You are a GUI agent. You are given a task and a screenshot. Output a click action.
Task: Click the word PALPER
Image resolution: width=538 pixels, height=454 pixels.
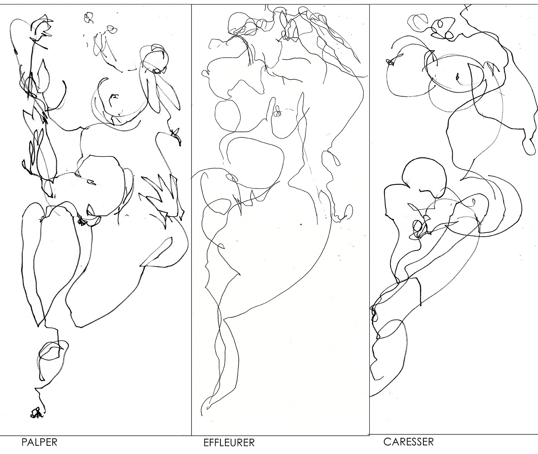click(x=39, y=442)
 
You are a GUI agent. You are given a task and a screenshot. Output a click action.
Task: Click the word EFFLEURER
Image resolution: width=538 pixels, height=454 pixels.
click(x=229, y=443)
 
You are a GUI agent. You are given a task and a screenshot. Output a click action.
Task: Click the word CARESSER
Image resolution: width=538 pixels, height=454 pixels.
click(x=409, y=442)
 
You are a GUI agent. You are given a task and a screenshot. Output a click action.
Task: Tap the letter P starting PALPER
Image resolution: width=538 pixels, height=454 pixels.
click(x=24, y=442)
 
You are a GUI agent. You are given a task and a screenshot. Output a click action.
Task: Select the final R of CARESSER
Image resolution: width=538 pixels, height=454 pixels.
click(x=431, y=442)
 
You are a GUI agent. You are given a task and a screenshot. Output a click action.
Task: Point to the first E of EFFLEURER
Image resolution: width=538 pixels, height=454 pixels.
click(x=206, y=443)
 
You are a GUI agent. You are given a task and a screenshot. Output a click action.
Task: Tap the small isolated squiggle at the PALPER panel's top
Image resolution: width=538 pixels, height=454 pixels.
click(x=89, y=18)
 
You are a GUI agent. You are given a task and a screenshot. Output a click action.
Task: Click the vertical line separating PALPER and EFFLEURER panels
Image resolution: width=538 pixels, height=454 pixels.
click(x=192, y=219)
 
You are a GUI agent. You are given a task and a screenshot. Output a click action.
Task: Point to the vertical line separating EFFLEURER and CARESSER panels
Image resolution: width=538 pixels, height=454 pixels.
click(x=370, y=219)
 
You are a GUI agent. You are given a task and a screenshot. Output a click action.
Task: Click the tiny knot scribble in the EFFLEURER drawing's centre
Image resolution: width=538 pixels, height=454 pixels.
click(x=278, y=112)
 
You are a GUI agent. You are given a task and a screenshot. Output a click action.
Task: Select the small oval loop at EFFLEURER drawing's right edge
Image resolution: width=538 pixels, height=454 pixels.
click(x=349, y=211)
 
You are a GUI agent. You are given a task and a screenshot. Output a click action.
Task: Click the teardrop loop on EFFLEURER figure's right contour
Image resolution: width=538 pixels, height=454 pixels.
click(x=332, y=158)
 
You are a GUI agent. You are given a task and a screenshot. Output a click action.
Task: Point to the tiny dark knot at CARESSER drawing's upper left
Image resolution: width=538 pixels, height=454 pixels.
click(x=390, y=62)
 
